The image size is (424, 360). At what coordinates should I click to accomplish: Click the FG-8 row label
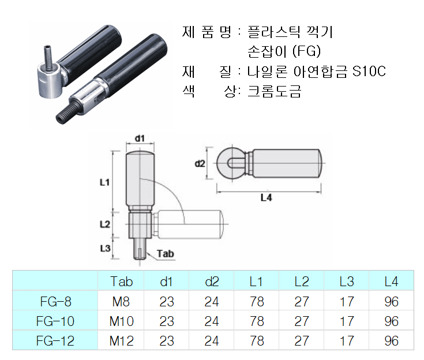(56, 301)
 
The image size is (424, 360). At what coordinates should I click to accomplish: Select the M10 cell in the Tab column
(122, 321)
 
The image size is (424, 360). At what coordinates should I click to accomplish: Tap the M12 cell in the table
(122, 340)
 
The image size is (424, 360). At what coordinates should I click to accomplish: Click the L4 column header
(391, 281)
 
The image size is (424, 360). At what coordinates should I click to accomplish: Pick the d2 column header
(212, 281)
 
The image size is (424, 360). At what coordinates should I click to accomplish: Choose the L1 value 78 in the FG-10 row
(257, 321)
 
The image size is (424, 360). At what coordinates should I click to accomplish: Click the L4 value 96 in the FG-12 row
(391, 340)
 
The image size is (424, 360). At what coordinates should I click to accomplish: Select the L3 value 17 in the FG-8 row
(347, 301)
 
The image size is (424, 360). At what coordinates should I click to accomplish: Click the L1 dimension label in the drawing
(104, 182)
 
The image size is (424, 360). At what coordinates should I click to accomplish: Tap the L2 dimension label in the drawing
(104, 224)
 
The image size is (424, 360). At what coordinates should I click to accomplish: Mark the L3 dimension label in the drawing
(104, 248)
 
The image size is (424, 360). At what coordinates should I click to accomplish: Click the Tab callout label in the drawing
(165, 253)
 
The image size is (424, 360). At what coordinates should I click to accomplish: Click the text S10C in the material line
(369, 72)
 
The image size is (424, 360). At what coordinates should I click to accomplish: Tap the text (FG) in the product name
(306, 52)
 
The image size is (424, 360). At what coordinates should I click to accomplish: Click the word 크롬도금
(274, 91)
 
